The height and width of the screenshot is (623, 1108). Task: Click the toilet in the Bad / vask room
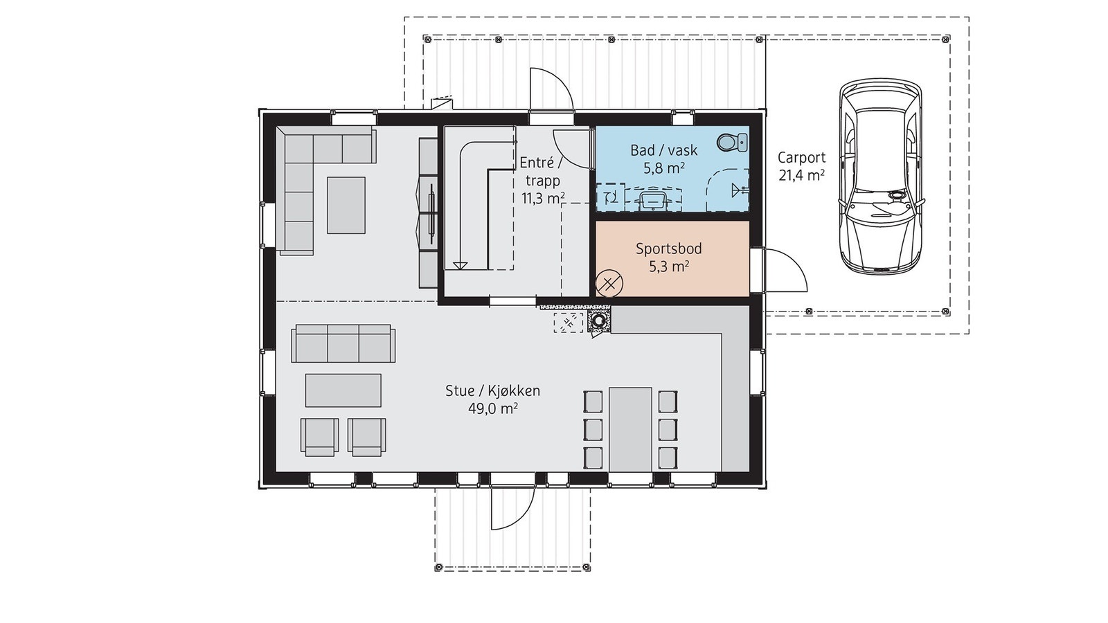732,143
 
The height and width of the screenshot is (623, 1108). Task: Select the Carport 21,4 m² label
801,166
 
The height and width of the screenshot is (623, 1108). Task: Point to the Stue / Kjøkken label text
492,390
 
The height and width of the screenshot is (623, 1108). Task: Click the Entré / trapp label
541,171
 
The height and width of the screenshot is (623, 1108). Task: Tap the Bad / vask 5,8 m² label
664,159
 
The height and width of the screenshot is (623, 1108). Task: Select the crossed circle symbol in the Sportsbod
609,283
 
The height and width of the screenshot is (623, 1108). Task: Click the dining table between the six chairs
630,430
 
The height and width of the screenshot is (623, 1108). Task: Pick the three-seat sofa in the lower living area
343,343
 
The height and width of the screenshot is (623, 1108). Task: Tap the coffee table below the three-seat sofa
343,390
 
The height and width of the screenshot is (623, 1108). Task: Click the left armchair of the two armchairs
319,437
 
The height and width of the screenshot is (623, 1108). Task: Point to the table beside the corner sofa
346,205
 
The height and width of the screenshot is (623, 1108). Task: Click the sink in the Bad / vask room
652,200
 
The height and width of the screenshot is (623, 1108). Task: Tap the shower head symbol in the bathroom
740,189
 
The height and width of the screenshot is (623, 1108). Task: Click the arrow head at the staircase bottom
460,266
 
